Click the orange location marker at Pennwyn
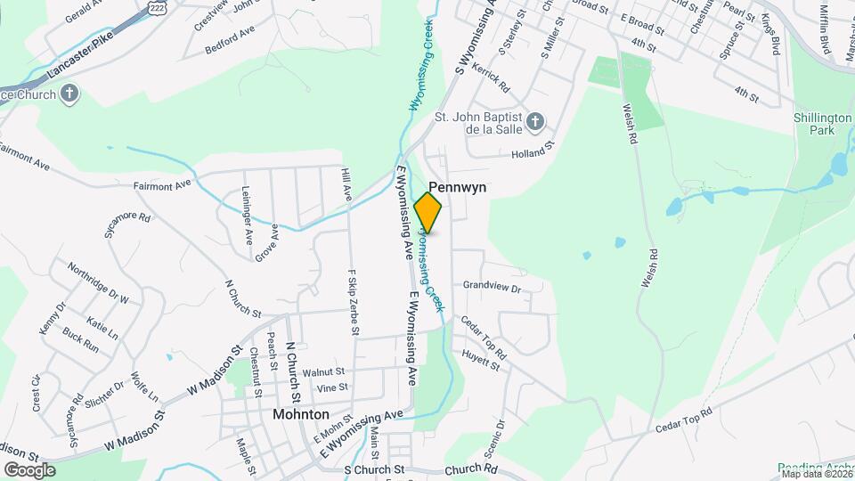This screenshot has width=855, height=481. [428, 212]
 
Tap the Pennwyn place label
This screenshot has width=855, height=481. [457, 188]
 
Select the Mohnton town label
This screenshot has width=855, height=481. [300, 414]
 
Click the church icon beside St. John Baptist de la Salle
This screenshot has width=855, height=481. [534, 121]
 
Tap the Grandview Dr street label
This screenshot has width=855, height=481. [491, 287]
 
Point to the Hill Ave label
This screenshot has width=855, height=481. [346, 183]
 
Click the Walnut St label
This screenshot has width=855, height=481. [322, 371]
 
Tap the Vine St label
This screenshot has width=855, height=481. [332, 387]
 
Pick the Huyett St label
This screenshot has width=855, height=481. [481, 359]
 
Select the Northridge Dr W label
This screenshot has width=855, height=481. [99, 285]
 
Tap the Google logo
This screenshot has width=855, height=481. [28, 469]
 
